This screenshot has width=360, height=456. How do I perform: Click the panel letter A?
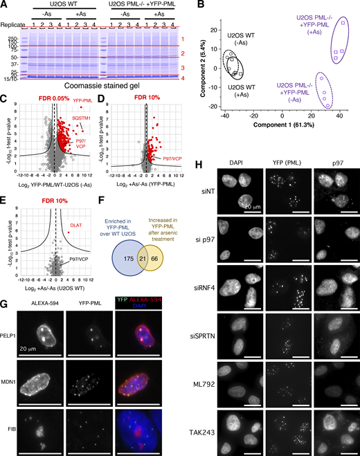(x=4, y=5)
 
